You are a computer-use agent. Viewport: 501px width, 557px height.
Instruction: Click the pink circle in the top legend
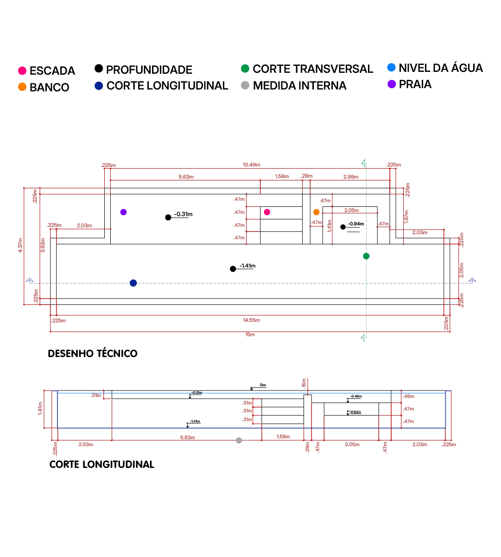[22, 70]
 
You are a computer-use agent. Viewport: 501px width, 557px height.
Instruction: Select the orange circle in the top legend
[22, 86]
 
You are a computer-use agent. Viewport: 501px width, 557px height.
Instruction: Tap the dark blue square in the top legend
[98, 86]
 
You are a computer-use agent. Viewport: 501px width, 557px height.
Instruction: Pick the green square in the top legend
[246, 69]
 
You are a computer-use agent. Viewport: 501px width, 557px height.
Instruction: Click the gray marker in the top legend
[246, 85]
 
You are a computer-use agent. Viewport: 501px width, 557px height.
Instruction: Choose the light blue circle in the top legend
[391, 68]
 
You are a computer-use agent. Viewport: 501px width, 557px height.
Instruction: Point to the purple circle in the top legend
[391, 84]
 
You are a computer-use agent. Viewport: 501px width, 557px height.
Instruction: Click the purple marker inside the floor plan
[123, 212]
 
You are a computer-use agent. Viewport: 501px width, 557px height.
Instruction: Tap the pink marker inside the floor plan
[267, 212]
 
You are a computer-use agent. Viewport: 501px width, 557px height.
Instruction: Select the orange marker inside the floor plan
[316, 212]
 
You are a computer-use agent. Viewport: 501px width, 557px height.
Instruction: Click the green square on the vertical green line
[366, 256]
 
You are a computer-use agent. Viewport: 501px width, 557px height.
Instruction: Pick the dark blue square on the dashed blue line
[133, 283]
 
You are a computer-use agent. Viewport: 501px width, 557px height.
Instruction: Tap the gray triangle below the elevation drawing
[239, 440]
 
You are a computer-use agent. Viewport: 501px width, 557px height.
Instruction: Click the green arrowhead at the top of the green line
[364, 162]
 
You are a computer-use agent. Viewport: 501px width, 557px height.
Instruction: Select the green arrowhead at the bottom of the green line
[363, 338]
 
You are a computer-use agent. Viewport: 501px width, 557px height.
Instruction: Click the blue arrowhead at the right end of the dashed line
[472, 280]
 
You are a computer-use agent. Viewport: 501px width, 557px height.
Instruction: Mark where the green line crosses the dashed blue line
[365, 283]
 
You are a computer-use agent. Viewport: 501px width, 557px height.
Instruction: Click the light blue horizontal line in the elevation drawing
[250, 394]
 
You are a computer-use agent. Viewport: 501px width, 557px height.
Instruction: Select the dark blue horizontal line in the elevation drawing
[250, 429]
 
